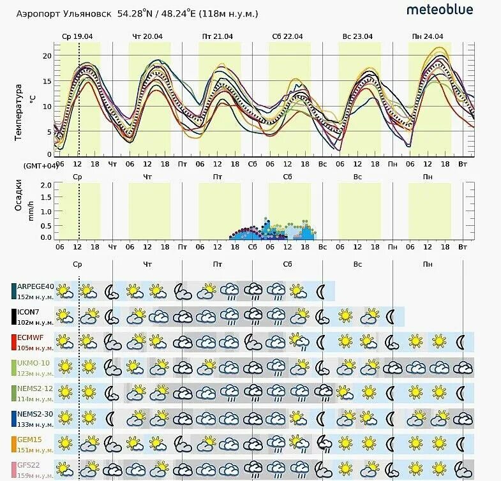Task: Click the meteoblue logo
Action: point(440,10)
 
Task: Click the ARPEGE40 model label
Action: point(35,286)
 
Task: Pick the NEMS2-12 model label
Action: point(36,389)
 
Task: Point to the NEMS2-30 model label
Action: point(36,415)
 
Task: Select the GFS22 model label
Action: point(29,466)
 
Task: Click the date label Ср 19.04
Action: point(77,36)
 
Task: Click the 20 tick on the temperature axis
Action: point(46,56)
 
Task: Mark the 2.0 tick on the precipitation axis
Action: point(45,185)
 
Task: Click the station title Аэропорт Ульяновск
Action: point(63,13)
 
